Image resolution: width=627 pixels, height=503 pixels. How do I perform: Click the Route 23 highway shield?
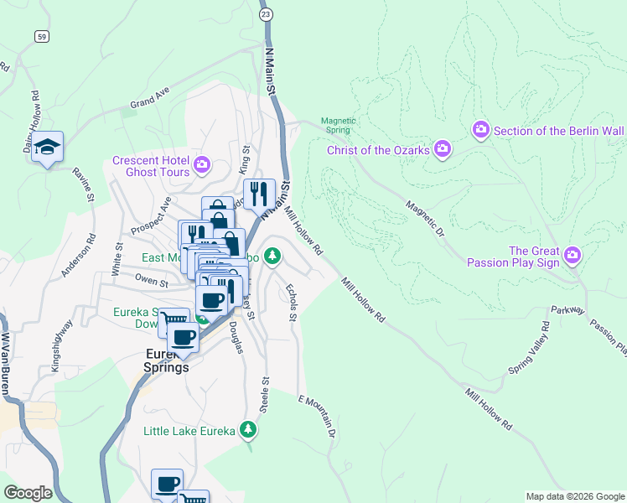(x=266, y=15)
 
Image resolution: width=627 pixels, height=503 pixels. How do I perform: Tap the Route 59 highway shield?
(x=41, y=36)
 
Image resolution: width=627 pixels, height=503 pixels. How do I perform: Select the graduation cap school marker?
(x=48, y=147)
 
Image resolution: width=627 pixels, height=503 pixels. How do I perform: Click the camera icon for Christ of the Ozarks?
(x=443, y=150)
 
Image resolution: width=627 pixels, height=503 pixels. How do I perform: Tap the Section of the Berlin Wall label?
(x=558, y=131)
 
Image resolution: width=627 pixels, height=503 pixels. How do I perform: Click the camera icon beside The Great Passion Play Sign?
(x=573, y=254)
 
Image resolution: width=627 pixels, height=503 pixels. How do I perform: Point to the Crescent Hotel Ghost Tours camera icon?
(x=200, y=163)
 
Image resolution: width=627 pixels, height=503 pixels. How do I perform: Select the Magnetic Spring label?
(x=339, y=126)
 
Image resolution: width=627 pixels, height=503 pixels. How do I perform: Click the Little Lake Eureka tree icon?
(x=247, y=430)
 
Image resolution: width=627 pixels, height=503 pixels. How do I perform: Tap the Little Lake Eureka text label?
(x=189, y=431)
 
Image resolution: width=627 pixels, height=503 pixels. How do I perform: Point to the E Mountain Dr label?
(x=319, y=417)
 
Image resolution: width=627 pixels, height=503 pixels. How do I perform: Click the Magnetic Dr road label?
(x=423, y=218)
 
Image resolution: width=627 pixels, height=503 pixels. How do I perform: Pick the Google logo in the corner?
(x=28, y=493)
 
